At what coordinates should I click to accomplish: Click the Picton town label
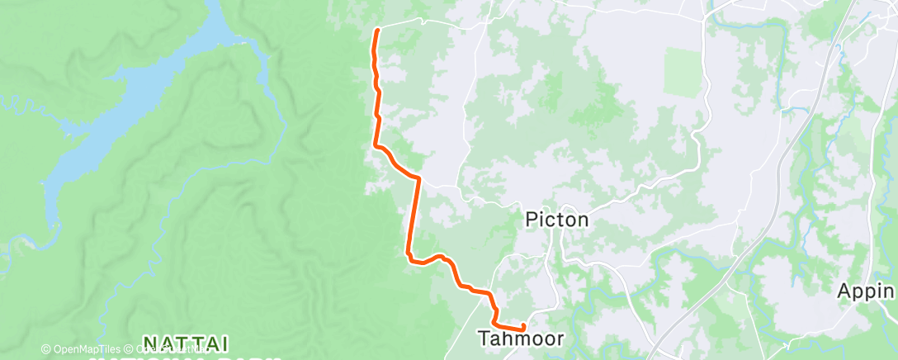click(x=558, y=220)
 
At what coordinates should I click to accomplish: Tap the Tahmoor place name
click(x=521, y=339)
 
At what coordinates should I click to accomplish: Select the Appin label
click(x=865, y=291)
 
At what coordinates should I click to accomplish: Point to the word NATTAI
click(x=186, y=343)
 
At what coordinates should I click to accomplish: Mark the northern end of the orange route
click(x=377, y=31)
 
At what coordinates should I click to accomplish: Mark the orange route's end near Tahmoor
click(x=524, y=329)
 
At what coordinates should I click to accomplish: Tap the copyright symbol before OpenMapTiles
click(x=45, y=349)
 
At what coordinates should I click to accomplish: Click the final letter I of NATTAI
click(x=225, y=343)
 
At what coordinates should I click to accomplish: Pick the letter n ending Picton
click(x=583, y=220)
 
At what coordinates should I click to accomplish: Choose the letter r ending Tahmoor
click(x=560, y=339)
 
